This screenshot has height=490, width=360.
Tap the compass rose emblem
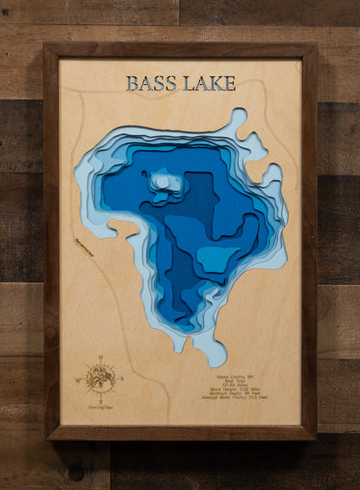click(x=102, y=377)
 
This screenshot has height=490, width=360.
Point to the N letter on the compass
click(x=102, y=357)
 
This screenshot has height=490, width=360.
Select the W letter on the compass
click(x=83, y=378)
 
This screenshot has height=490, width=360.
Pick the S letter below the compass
click(x=102, y=397)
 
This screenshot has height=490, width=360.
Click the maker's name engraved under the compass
click(x=102, y=406)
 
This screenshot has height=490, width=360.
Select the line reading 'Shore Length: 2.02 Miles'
click(x=243, y=392)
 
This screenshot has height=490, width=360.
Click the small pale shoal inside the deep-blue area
click(x=163, y=183)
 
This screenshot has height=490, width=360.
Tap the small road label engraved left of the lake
click(x=84, y=248)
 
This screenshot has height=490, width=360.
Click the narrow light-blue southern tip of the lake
click(x=206, y=351)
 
